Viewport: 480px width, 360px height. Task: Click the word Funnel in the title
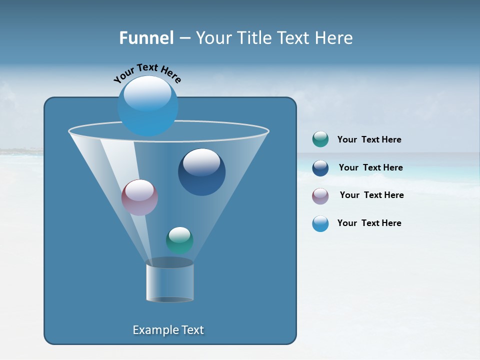(x=146, y=38)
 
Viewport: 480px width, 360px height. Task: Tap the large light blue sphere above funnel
(x=147, y=106)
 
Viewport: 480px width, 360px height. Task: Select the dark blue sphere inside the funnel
(x=201, y=172)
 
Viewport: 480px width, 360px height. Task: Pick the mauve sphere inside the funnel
(x=139, y=197)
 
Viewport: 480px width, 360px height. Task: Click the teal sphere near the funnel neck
(x=179, y=240)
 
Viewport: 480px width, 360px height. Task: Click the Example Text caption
(x=168, y=330)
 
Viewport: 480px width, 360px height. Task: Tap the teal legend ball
(x=320, y=139)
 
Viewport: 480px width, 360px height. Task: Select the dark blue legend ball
(x=320, y=168)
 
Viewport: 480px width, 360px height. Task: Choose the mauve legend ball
(x=320, y=195)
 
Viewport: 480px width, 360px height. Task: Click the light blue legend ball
(x=320, y=223)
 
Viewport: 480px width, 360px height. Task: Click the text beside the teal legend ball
(x=369, y=140)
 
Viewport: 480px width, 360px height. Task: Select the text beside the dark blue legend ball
(x=370, y=168)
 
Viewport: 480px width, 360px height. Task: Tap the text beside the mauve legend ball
(x=371, y=195)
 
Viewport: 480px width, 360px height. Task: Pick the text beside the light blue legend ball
(x=369, y=223)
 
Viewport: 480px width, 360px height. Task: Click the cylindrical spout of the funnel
(x=169, y=282)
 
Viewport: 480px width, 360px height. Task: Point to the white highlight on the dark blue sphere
(x=201, y=162)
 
